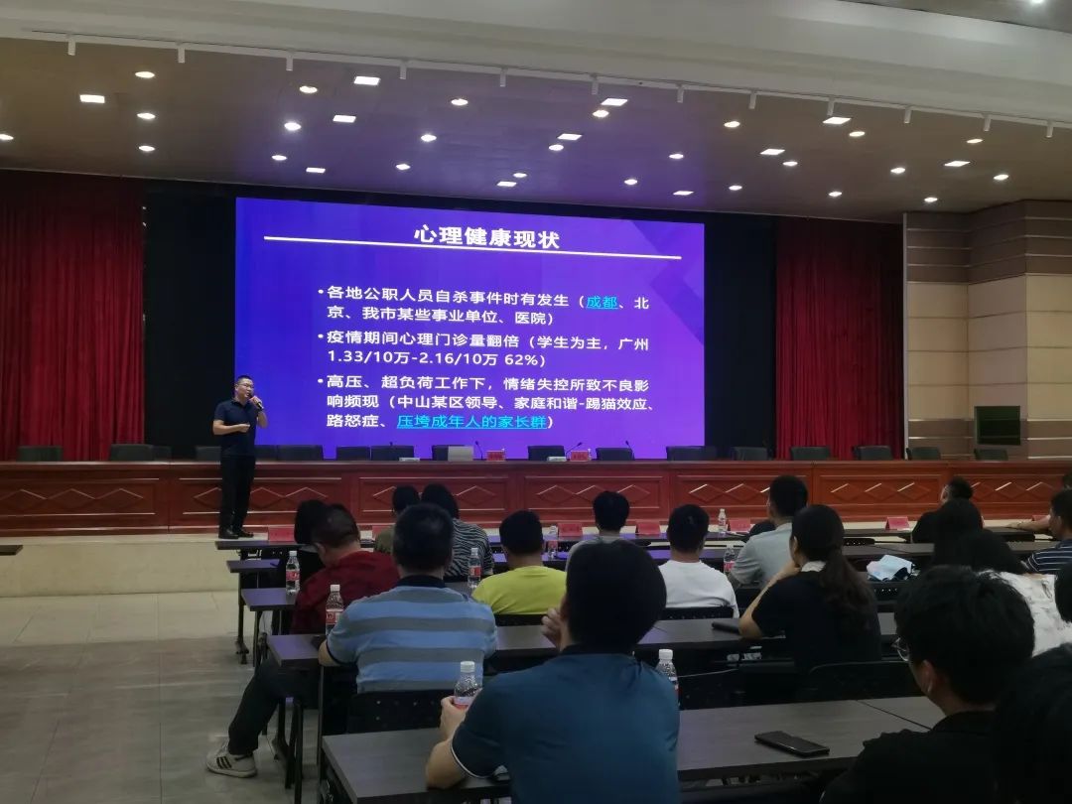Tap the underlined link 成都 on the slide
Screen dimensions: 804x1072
tap(602, 302)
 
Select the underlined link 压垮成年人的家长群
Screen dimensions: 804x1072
tap(474, 422)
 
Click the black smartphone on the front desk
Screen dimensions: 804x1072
tap(791, 743)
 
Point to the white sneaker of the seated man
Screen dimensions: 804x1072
tap(230, 762)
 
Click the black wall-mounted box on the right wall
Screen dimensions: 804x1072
tap(997, 425)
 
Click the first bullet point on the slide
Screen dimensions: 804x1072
tap(321, 293)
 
